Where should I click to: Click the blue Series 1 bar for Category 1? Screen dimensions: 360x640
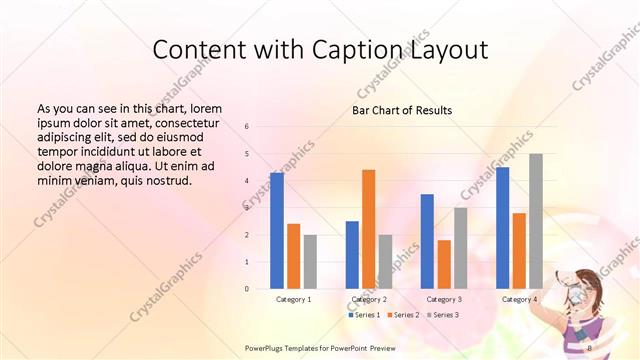click(x=277, y=231)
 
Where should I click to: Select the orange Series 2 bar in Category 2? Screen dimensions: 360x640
click(x=368, y=229)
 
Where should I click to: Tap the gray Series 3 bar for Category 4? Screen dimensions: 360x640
click(x=536, y=221)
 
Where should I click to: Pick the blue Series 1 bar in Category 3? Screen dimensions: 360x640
click(x=427, y=241)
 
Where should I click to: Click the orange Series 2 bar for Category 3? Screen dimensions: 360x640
click(x=444, y=264)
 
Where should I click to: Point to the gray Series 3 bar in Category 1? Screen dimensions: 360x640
click(x=310, y=262)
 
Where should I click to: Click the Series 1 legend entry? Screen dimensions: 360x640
click(x=364, y=315)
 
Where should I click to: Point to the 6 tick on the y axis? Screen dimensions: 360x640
click(x=247, y=127)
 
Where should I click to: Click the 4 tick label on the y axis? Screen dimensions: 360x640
click(x=247, y=181)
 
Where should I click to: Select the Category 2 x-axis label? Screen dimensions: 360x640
click(x=370, y=299)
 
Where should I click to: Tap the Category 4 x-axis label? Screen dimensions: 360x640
click(x=519, y=299)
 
